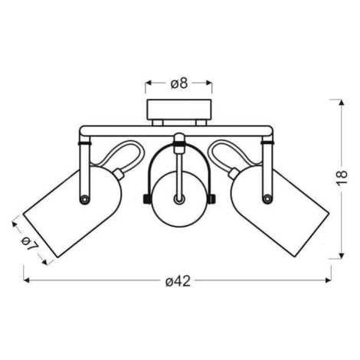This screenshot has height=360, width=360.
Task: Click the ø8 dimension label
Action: [179, 83]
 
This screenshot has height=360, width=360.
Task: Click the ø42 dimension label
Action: [178, 281]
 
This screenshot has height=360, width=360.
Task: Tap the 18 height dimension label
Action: [342, 177]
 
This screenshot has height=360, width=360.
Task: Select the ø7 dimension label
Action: [30, 244]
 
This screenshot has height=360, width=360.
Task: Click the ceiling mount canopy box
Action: [178, 110]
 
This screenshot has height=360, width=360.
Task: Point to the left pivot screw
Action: [84, 199]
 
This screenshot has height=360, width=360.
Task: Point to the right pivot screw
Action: [267, 198]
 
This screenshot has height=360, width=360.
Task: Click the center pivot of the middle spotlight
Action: [178, 199]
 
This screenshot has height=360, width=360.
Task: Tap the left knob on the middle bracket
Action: [146, 199]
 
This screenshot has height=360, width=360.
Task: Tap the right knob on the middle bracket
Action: [211, 199]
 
